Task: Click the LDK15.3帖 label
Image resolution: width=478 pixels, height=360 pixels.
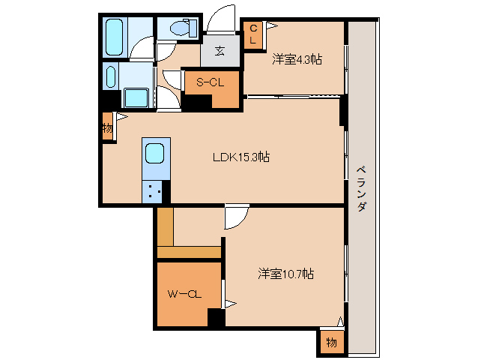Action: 241,157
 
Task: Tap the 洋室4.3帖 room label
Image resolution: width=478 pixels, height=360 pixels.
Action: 297,58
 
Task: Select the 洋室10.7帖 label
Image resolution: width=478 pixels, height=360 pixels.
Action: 285,274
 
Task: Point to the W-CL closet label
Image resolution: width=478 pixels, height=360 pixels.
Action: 184,294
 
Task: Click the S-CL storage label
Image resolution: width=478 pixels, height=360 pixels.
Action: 211,82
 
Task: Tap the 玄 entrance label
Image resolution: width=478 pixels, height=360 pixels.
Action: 220,51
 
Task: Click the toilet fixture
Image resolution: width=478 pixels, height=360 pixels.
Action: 180,28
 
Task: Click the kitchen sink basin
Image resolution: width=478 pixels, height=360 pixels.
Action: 155,154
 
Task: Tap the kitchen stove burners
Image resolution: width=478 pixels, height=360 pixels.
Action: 155,192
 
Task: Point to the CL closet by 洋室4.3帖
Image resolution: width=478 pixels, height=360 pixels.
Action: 253,34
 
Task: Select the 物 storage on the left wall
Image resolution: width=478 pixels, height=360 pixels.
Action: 107,128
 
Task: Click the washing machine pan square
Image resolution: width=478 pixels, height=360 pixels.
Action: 136,98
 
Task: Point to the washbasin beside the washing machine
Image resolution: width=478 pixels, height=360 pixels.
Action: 112,76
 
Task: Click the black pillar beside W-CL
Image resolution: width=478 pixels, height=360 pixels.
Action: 216,318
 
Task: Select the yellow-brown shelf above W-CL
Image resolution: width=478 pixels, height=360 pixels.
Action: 188,251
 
